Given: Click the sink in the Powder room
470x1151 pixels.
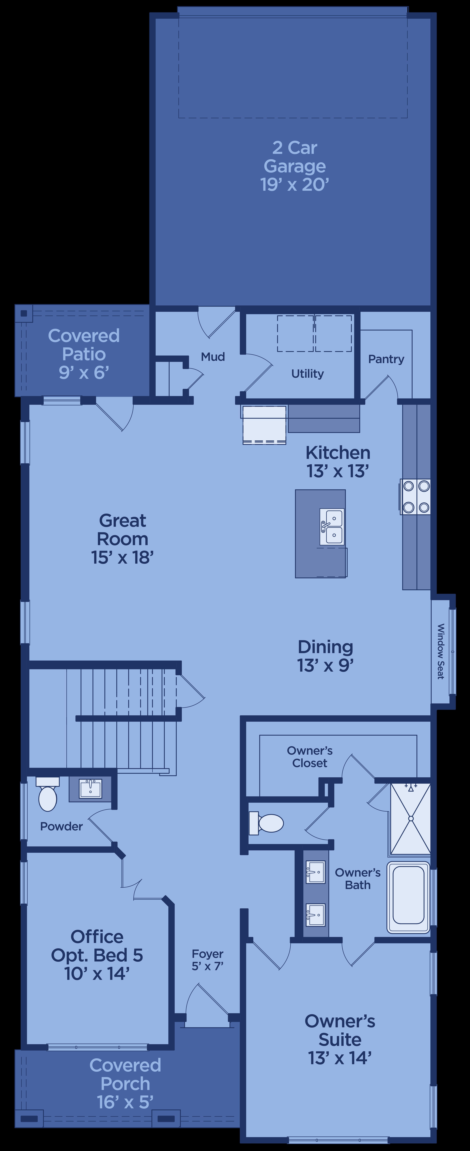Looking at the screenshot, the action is point(90,789).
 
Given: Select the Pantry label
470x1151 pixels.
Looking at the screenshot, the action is point(386,359).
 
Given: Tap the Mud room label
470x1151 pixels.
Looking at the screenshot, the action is point(213,357).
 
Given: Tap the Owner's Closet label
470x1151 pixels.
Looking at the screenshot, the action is point(310,757).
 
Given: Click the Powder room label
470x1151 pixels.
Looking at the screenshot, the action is point(61,827).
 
